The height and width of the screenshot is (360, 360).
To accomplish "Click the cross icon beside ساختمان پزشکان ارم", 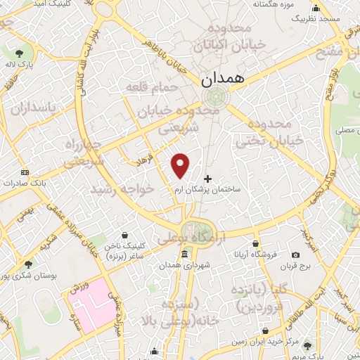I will (207, 179).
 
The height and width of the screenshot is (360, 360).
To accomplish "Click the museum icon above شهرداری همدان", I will (184, 254).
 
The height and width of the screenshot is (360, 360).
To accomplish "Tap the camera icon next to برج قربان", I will (295, 255).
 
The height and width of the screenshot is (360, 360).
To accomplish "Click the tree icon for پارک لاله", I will (19, 53).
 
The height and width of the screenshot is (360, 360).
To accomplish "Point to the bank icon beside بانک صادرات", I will (25, 172).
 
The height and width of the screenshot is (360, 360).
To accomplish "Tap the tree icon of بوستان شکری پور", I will (27, 264).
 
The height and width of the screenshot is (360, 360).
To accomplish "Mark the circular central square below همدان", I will (214, 97).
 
